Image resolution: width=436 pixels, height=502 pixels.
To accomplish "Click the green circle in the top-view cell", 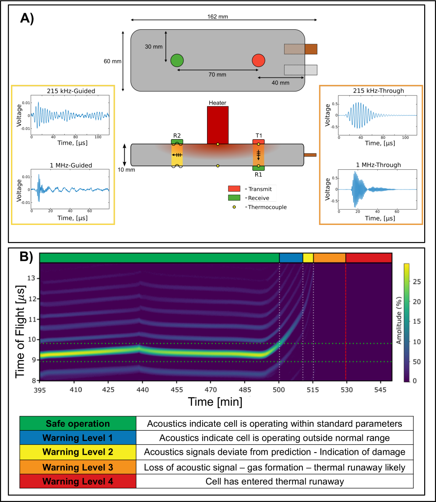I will (x=177, y=60).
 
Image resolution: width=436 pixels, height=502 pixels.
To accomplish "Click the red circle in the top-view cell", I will (x=258, y=60).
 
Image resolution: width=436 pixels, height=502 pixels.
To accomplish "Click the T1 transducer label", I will (x=258, y=136).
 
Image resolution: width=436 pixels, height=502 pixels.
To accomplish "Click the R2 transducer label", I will (x=177, y=136).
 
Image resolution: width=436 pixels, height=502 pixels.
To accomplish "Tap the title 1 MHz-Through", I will (x=371, y=165).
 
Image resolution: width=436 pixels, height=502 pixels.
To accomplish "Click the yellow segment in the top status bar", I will (x=308, y=258).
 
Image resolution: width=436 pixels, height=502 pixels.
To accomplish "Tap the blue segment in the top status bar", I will (x=291, y=258).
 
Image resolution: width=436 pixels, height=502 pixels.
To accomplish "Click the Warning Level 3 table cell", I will (x=78, y=467).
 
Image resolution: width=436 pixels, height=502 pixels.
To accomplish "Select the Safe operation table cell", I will (x=78, y=424).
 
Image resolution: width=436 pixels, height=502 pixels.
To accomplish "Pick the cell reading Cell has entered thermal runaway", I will (x=275, y=482).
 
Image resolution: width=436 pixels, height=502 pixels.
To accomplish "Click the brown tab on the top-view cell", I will (x=311, y=49).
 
